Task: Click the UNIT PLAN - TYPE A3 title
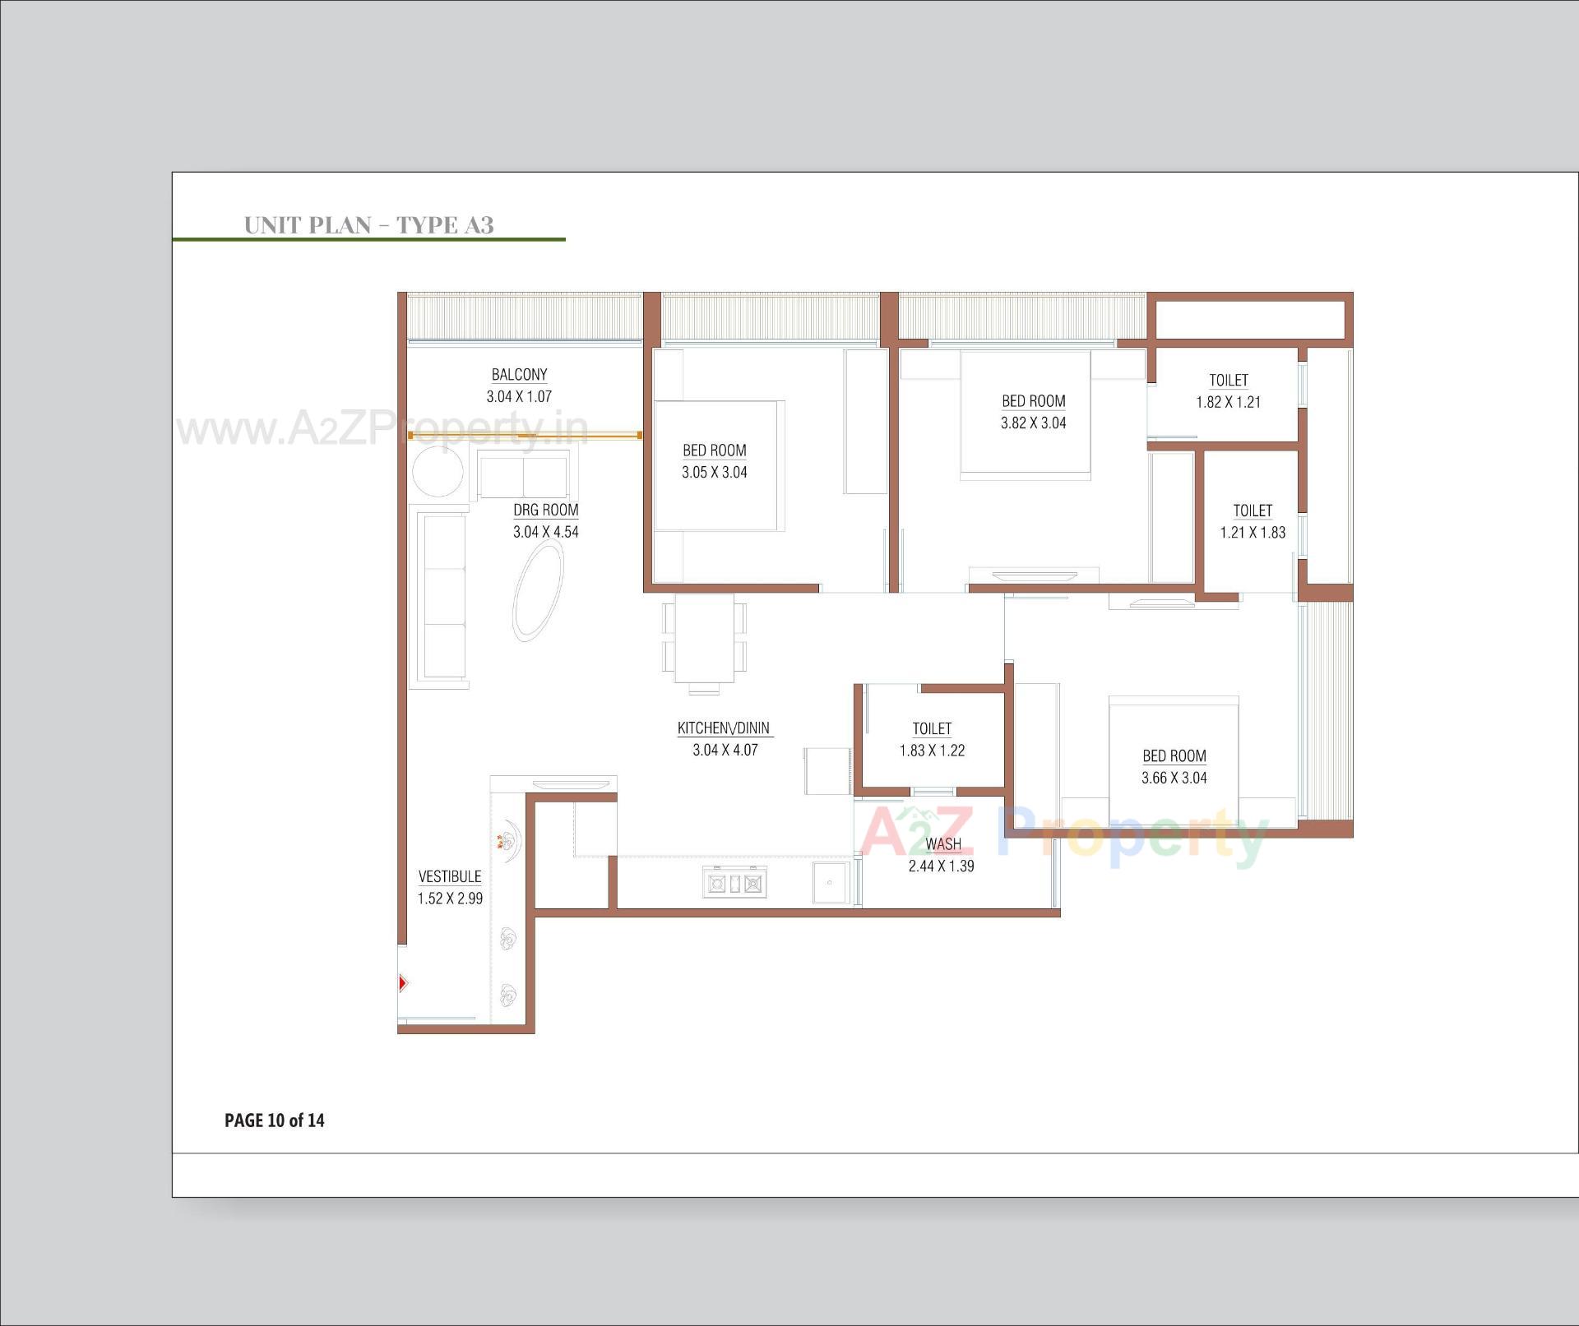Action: click(368, 225)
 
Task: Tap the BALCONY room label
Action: click(519, 375)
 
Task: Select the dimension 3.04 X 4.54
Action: click(545, 532)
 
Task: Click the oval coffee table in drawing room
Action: click(539, 591)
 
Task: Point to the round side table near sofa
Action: click(438, 472)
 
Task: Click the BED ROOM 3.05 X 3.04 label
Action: click(714, 450)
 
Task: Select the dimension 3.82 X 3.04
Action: click(1033, 423)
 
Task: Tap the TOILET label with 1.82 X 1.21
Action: click(1228, 381)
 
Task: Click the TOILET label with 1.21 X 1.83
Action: click(1252, 511)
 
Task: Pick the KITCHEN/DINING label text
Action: click(723, 728)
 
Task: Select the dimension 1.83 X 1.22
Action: click(932, 751)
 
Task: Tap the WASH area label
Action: click(942, 844)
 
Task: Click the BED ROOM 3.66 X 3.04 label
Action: click(1174, 756)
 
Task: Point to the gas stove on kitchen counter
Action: click(734, 884)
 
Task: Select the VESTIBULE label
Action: click(450, 877)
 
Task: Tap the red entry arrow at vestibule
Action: click(403, 982)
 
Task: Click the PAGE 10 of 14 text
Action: click(274, 1120)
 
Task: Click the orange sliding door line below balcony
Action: click(526, 436)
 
